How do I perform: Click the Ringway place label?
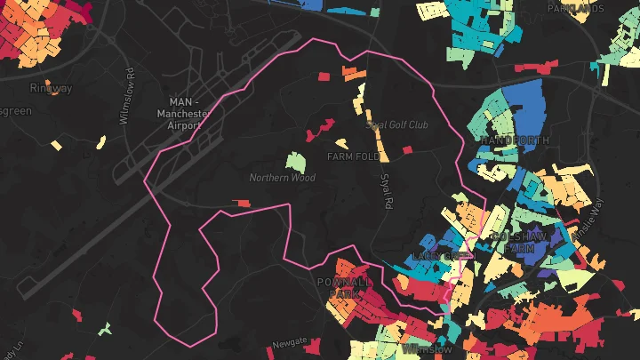point(51,88)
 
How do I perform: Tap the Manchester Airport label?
point(182,114)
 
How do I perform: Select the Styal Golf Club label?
point(397,125)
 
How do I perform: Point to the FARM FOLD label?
point(354,156)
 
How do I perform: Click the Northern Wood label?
point(282,178)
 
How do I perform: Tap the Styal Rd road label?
point(386,191)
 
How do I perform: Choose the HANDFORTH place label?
point(515,141)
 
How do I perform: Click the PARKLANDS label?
point(569,8)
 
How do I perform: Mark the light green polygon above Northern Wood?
point(295,162)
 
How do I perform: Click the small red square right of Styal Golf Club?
point(408,149)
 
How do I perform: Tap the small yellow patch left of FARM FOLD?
point(340,142)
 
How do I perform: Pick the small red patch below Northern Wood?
point(242,204)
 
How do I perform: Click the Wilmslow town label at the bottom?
point(428,349)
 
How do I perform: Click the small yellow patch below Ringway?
point(56,144)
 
